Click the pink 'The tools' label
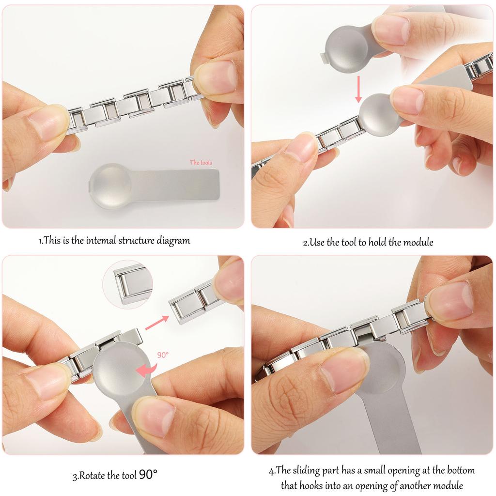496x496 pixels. [x=201, y=163]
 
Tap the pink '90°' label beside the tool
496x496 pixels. [x=163, y=355]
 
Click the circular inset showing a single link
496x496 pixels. [x=128, y=284]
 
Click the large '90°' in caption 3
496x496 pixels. [x=148, y=475]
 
